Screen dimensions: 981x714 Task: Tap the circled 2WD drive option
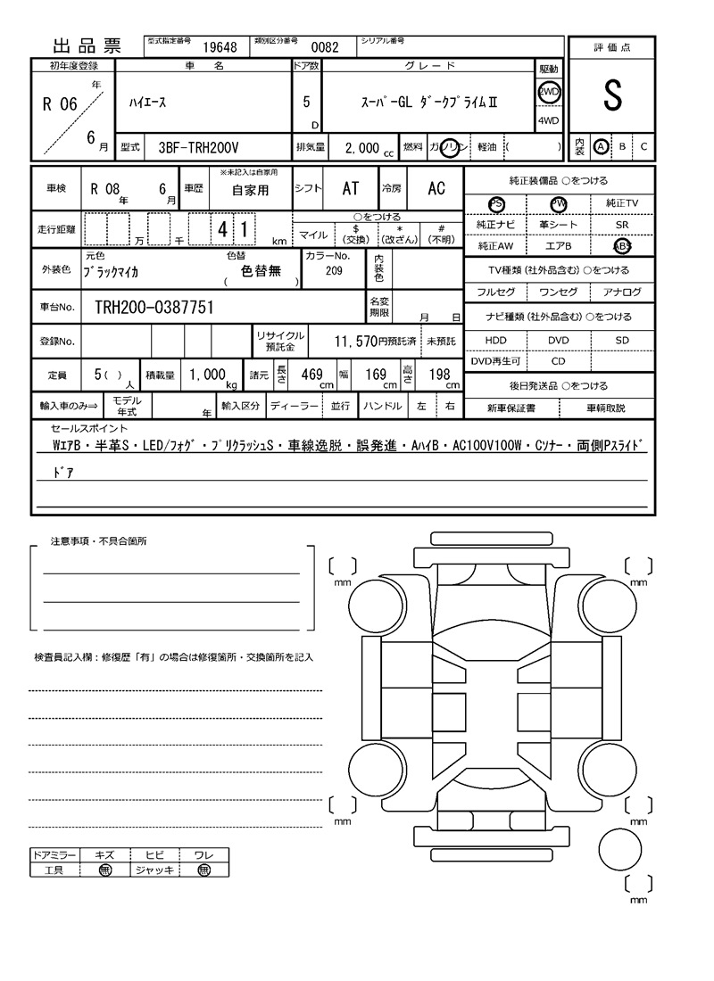point(548,93)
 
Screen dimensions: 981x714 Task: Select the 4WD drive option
point(548,121)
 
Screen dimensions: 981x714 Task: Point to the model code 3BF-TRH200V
point(198,148)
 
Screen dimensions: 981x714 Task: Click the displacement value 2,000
point(361,148)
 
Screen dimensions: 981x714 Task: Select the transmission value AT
point(351,188)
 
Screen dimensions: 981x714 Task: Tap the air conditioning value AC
point(436,188)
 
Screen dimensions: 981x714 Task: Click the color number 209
point(334,270)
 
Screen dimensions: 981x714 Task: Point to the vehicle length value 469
point(311,375)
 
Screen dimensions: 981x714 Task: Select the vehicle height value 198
point(439,375)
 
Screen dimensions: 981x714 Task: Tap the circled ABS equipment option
point(621,246)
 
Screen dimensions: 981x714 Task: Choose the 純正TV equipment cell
point(621,203)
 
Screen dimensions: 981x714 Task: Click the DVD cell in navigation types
point(558,340)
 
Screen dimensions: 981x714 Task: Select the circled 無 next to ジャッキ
point(203,870)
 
